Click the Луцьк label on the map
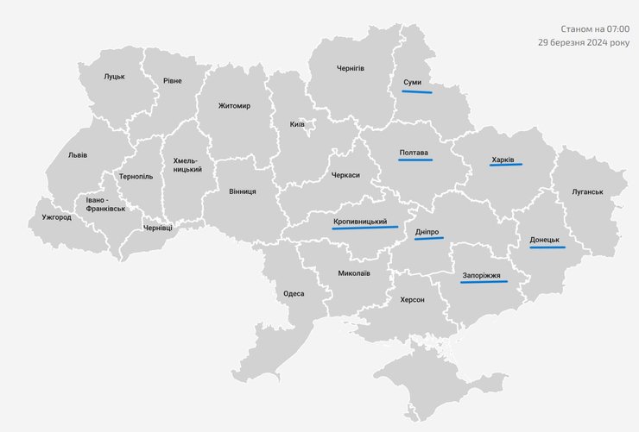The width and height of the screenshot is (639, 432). coord(115,76)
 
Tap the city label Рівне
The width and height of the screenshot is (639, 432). coord(172,81)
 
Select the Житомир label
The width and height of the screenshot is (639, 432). coord(234,106)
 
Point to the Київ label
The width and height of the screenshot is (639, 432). coord(297,125)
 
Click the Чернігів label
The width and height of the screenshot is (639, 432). coord(351,68)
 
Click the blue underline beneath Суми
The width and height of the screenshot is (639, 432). coord(416,91)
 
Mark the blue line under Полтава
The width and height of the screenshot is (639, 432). coord(414,161)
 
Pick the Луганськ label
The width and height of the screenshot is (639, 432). coord(587,191)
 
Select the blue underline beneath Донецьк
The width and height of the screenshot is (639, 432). coord(547,247)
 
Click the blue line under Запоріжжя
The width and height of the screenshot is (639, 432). coord(484,282)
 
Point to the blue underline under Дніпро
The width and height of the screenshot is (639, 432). coord(428,239)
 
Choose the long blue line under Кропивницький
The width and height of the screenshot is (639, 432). coord(365,229)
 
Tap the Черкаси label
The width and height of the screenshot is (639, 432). coord(345,175)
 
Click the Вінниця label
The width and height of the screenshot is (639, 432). coord(243,191)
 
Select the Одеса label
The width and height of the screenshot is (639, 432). coord(294,293)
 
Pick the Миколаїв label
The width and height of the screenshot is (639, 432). coord(354,273)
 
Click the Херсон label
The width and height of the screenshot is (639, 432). coord(412,299)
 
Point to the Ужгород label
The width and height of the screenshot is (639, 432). coord(56,217)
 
